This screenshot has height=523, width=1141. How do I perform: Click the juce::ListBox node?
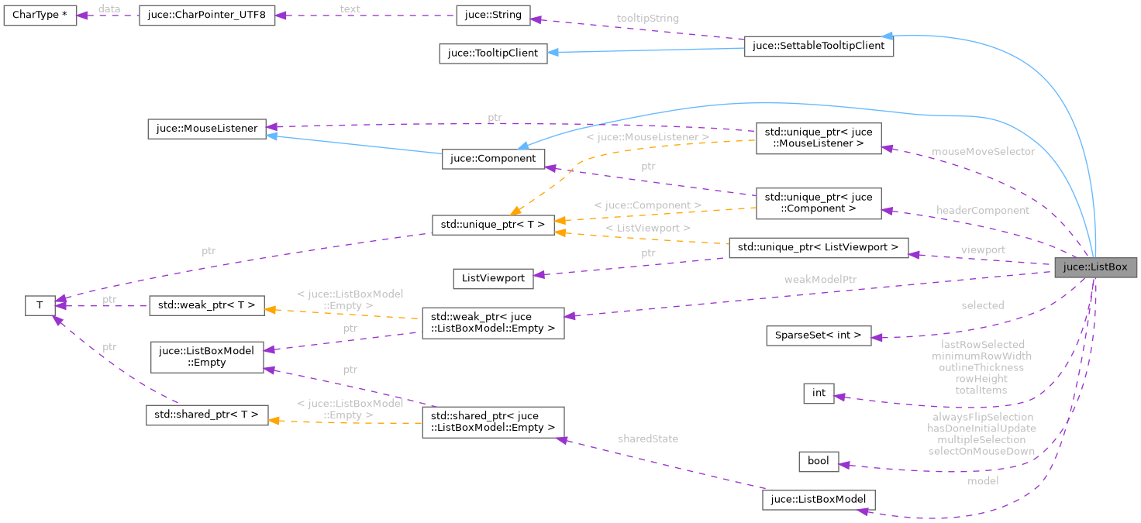(1095, 268)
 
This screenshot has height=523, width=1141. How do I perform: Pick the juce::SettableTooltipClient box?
(819, 46)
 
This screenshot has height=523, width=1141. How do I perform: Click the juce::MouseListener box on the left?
(207, 129)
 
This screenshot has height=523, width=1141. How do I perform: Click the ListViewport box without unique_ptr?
(493, 278)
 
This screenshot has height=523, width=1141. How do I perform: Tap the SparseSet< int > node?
(819, 335)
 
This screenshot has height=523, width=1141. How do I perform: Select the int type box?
(819, 394)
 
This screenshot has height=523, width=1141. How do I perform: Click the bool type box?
(819, 462)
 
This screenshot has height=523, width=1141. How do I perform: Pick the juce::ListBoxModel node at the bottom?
(819, 500)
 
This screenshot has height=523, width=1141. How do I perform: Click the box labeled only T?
(40, 305)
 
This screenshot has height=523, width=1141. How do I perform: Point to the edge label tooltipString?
(647, 19)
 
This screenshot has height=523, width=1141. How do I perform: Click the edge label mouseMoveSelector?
(983, 152)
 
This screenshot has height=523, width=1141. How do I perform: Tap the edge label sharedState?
(647, 439)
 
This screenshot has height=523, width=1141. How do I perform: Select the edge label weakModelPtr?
(821, 279)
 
